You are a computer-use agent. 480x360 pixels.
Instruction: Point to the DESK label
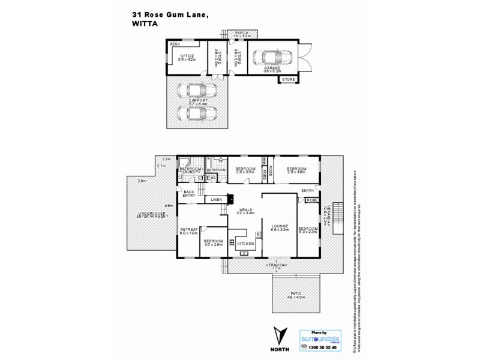point(175,44)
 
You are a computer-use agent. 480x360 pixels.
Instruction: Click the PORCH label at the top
point(241,34)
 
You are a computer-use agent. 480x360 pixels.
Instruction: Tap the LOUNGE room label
point(280,226)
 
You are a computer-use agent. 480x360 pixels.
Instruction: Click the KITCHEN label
point(245,244)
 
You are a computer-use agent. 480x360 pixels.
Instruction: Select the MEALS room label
point(246,210)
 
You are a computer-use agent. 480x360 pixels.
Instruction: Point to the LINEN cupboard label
point(217,199)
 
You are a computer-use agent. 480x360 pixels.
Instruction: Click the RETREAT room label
point(189,231)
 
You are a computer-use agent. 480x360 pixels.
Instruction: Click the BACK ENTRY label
point(190,193)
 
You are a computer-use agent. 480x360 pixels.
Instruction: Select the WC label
point(212,178)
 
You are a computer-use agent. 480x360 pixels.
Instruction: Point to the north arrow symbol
point(278,337)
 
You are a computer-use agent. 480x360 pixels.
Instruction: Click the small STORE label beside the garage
point(288,79)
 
